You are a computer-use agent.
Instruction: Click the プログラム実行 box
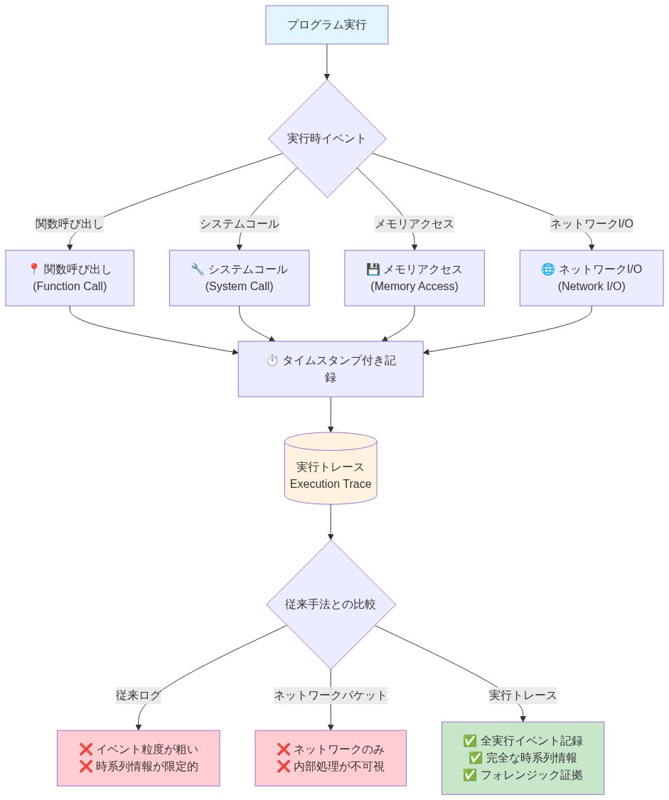coord(326,25)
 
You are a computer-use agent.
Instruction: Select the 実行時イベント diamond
coord(326,139)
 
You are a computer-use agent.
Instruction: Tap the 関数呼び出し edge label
coord(70,224)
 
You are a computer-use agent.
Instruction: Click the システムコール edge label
coord(239,224)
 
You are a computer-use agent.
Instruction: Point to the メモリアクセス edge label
coord(414,224)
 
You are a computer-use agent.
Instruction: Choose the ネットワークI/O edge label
coord(592,224)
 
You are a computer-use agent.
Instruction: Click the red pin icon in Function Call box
coord(33,270)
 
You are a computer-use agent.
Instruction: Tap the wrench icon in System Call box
coord(197,270)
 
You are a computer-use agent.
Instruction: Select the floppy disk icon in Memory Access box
coord(373,270)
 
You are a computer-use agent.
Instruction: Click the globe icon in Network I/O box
coord(547,270)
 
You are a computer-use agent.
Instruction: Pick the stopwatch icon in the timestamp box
coord(272,361)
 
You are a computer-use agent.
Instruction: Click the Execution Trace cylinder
coord(331,469)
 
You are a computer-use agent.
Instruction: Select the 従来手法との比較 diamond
coord(331,604)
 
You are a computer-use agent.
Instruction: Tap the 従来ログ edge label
coord(139,695)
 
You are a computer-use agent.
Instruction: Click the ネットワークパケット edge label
coord(331,695)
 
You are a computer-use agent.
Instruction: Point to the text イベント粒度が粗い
coord(147,749)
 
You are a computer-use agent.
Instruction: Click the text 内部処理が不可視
coord(339,767)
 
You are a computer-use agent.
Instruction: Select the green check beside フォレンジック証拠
coord(469,775)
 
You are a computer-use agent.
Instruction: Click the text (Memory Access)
coord(414,287)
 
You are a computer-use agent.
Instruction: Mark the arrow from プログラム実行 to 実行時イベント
coord(327,62)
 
